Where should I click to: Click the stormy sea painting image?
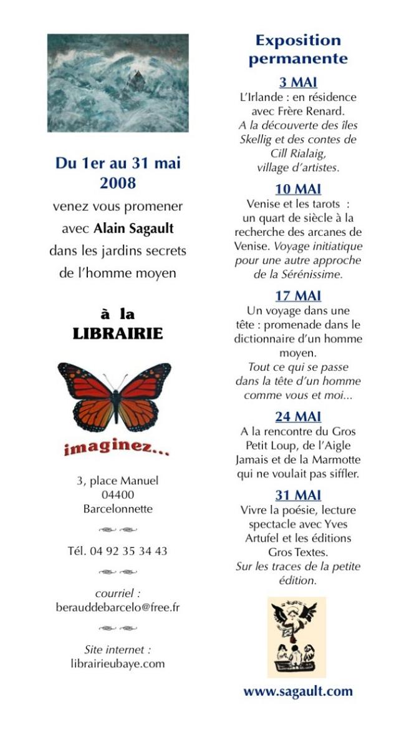(118, 83)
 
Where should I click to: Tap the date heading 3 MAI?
(298, 82)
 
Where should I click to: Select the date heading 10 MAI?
(298, 188)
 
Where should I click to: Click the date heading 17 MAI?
(298, 296)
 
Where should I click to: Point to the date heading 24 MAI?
(298, 416)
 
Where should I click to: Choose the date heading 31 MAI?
(298, 495)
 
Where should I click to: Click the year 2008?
(118, 183)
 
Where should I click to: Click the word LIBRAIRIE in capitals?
(118, 334)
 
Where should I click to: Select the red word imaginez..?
(116, 448)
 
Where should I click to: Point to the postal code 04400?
(118, 495)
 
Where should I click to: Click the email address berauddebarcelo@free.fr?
(118, 607)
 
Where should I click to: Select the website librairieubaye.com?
(118, 663)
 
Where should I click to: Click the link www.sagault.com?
(298, 691)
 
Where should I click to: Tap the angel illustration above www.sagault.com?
(297, 637)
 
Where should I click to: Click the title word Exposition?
(298, 41)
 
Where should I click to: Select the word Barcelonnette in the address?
(118, 509)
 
